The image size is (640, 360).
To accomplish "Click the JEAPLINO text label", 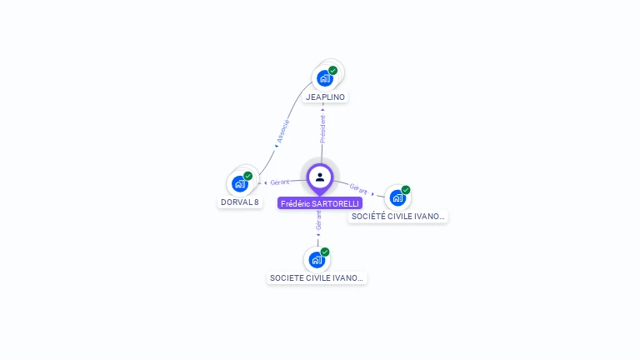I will [x=325, y=97].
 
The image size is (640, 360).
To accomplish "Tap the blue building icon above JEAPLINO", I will [x=324, y=78].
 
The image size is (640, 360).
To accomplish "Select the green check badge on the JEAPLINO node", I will [x=333, y=70].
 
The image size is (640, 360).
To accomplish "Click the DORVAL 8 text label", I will [x=239, y=202].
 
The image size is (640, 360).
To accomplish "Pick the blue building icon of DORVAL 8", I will [x=240, y=183].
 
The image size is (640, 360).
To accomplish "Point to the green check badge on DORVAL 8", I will [x=248, y=176].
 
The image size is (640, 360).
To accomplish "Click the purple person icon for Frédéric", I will [x=320, y=177].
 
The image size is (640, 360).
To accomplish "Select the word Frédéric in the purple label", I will [x=295, y=203].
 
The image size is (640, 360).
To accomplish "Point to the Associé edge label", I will [x=282, y=132].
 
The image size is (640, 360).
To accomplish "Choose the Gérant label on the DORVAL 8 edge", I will [x=279, y=182].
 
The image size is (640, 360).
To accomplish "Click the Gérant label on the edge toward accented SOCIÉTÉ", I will [x=359, y=189].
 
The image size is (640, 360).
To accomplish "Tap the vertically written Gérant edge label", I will [x=318, y=220].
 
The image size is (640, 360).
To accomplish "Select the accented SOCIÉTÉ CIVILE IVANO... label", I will [x=398, y=217].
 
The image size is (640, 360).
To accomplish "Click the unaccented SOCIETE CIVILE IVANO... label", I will [x=317, y=278].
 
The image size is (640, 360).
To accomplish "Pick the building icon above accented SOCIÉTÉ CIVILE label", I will [x=397, y=197].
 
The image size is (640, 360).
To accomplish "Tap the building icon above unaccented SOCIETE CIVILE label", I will [x=317, y=259].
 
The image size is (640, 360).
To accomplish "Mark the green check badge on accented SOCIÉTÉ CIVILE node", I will [x=406, y=190].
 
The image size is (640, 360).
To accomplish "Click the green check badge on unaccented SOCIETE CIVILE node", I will [x=325, y=252].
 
